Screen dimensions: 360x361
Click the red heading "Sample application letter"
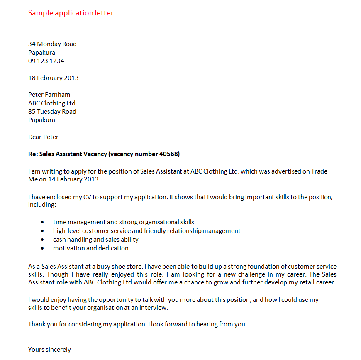[x=71, y=13]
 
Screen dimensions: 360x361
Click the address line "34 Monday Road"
[x=52, y=44]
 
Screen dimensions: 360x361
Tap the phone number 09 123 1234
[x=46, y=61]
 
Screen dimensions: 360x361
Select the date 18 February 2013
[x=53, y=78]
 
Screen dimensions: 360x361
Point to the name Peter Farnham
[x=49, y=95]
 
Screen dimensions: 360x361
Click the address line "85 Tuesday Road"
[x=52, y=112]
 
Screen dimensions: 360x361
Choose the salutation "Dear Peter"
[x=43, y=137]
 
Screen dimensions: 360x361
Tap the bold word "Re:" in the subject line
[x=33, y=154]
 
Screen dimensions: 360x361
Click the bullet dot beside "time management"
[x=42, y=223]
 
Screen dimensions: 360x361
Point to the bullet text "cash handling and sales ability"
[x=95, y=240]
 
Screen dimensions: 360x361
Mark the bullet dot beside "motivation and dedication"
[x=42, y=248]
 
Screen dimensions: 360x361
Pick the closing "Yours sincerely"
[x=49, y=350]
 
